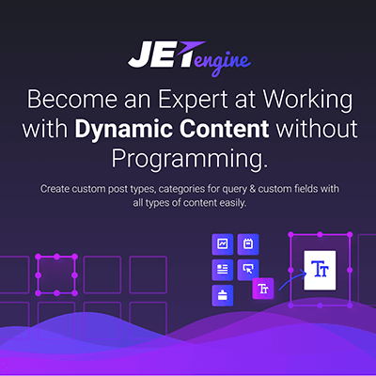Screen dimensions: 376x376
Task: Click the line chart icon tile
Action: click(x=223, y=244)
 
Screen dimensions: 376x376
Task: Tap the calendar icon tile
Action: click(x=248, y=244)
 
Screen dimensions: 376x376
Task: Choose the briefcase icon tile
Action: click(x=223, y=295)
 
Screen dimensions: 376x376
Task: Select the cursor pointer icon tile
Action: click(x=248, y=270)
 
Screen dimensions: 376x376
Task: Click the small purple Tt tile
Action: click(x=264, y=290)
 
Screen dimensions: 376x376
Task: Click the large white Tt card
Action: click(x=320, y=270)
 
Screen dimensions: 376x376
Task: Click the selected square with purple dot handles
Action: click(x=57, y=274)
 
